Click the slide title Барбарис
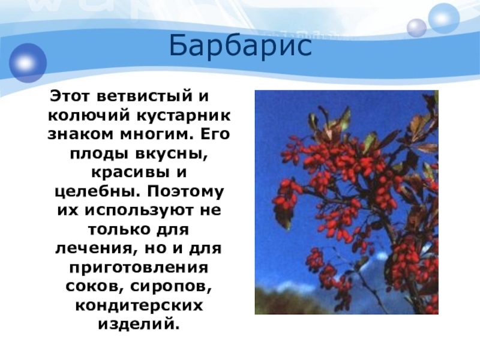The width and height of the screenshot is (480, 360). [241, 46]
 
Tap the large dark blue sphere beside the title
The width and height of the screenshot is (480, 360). [28, 63]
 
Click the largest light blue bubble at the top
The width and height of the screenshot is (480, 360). [443, 19]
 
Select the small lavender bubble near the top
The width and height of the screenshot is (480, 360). [416, 28]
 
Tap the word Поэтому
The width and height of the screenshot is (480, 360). [185, 192]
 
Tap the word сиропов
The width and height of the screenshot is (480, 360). [171, 287]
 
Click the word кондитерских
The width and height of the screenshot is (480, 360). [139, 306]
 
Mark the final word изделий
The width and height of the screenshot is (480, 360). [139, 324]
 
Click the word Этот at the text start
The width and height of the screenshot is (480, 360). [70, 97]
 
